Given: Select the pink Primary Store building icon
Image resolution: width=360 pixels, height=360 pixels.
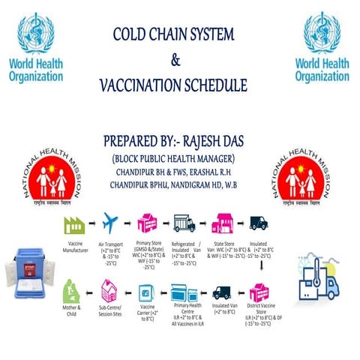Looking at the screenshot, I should click(147, 223).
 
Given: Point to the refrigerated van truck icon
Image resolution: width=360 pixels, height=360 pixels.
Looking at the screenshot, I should click(184, 223).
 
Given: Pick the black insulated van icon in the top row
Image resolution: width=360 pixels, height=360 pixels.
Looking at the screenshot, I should click(258, 223).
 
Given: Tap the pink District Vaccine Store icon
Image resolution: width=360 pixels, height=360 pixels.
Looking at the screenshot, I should click(259, 292).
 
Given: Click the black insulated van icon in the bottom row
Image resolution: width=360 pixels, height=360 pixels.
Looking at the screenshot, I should click(221, 292).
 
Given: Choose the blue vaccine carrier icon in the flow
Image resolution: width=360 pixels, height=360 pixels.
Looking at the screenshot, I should click(148, 292).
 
